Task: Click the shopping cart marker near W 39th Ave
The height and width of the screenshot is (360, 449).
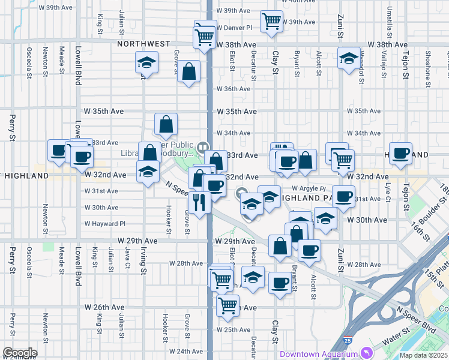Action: tap(271, 21)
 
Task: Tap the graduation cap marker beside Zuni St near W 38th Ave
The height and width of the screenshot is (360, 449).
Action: tap(347, 59)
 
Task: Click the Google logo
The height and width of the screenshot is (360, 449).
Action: tap(19, 352)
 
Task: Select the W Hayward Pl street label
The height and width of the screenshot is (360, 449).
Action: tap(105, 224)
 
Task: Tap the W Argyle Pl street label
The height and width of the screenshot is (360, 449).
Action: tap(308, 188)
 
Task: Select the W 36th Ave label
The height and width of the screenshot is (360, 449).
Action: tap(234, 89)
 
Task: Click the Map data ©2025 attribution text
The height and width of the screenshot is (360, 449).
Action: tap(424, 355)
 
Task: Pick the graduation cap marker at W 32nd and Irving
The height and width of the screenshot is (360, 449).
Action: tap(147, 172)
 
